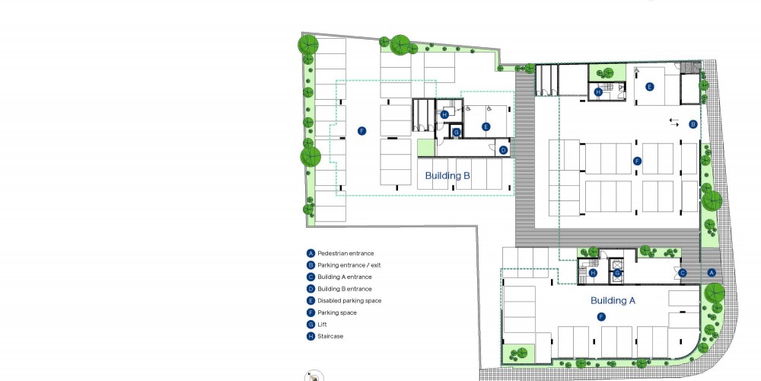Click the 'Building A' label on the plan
pyautogui.click(x=613, y=301)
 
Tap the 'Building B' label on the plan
pyautogui.click(x=447, y=175)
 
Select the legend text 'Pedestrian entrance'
pyautogui.click(x=345, y=253)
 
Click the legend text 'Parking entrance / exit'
pyautogui.click(x=349, y=265)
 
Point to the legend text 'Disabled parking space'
pyautogui.click(x=349, y=301)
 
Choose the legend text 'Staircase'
pyautogui.click(x=330, y=336)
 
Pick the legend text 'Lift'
pyautogui.click(x=322, y=325)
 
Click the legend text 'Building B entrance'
pyautogui.click(x=345, y=289)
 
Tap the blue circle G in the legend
pyautogui.click(x=310, y=325)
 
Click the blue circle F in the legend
pyautogui.click(x=310, y=312)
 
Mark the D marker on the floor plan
pyautogui.click(x=503, y=150)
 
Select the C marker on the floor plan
pyautogui.click(x=682, y=273)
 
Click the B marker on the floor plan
pyautogui.click(x=693, y=124)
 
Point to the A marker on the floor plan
pyautogui.click(x=712, y=273)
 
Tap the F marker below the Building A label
pyautogui.click(x=601, y=317)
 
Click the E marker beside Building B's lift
pyautogui.click(x=486, y=126)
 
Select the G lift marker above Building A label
pyautogui.click(x=617, y=273)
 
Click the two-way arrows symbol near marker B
pyautogui.click(x=674, y=123)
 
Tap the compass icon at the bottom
pyautogui.click(x=314, y=376)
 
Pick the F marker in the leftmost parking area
pyautogui.click(x=361, y=131)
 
